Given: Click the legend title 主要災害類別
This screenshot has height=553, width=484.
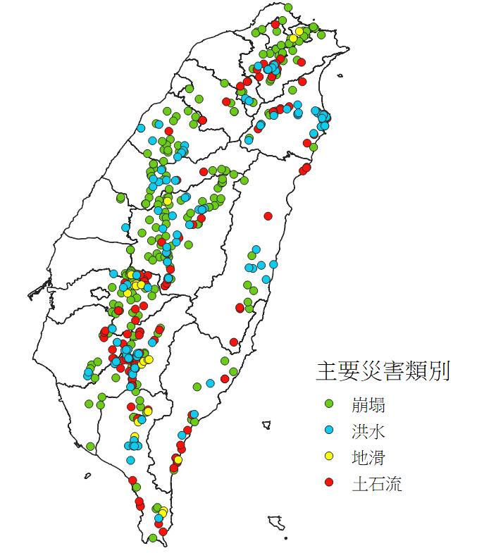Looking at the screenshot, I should [383, 371].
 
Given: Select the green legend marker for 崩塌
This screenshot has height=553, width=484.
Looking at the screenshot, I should [328, 404].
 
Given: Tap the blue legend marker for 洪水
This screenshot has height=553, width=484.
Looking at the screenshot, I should [328, 430].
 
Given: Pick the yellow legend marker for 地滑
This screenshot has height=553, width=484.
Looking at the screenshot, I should [328, 456].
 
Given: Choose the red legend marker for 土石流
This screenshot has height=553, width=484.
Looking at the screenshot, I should [328, 483].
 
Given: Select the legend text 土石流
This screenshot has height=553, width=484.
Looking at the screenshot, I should [376, 483].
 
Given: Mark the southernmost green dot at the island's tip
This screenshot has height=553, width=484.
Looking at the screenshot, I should [153, 538].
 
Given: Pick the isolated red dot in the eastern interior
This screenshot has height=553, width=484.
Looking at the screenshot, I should [268, 216].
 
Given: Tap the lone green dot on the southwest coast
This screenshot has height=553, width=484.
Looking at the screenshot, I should [90, 446].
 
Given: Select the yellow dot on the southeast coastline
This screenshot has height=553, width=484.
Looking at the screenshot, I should [178, 460].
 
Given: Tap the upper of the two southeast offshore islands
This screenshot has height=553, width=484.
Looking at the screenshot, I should [266, 425].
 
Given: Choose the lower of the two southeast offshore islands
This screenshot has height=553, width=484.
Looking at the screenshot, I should [276, 523].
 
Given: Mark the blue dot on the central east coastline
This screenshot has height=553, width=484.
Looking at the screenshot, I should [273, 264].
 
